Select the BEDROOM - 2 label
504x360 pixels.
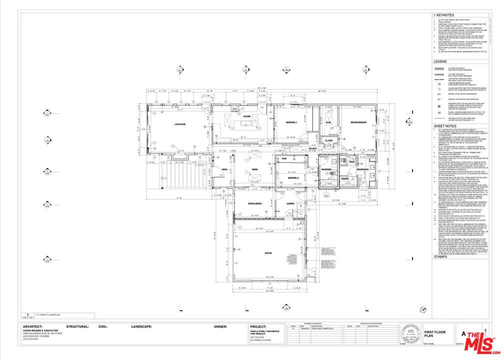293,177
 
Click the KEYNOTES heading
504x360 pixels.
443,15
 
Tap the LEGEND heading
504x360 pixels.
440,61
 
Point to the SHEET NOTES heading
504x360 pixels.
444,126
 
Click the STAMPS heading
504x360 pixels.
440,256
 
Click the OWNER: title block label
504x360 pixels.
220,326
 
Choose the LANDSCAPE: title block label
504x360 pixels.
141,326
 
